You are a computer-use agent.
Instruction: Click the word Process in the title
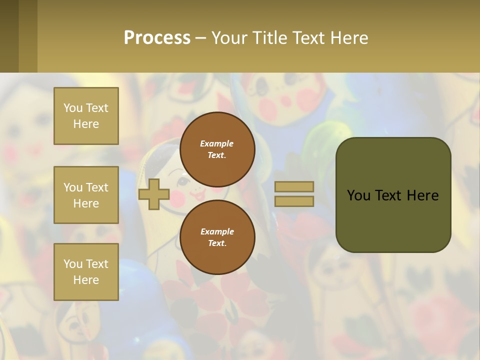tap(157, 37)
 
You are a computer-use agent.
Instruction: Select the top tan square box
tap(86, 116)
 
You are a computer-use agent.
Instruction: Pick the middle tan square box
tap(86, 195)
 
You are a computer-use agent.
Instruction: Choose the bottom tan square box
tap(86, 272)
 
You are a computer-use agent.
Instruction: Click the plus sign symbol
tap(154, 194)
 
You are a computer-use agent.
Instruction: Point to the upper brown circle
tap(217, 149)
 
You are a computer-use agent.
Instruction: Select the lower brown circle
tap(217, 237)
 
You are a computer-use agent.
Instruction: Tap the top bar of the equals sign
tap(294, 186)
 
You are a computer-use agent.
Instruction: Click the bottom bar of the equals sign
tap(294, 201)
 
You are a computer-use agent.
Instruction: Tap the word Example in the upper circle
tap(216, 143)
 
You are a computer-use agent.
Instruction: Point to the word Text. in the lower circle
tap(217, 243)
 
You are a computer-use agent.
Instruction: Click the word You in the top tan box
tap(72, 108)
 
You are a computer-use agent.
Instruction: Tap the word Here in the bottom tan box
tap(86, 280)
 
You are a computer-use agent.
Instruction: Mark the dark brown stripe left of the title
tap(9, 36)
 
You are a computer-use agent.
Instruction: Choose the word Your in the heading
tap(232, 37)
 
